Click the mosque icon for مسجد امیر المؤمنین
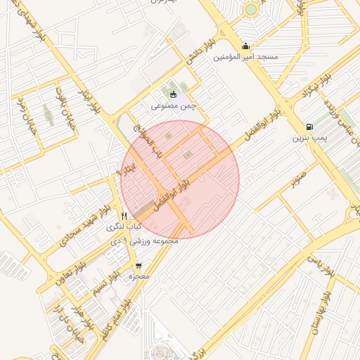point(245,46)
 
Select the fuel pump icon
point(309,127)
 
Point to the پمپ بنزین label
point(309,138)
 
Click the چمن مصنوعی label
point(173,106)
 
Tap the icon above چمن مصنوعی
point(174,95)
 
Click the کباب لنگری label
point(124,227)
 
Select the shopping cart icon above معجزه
point(138,265)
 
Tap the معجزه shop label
point(139,276)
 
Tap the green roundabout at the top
point(251,10)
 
